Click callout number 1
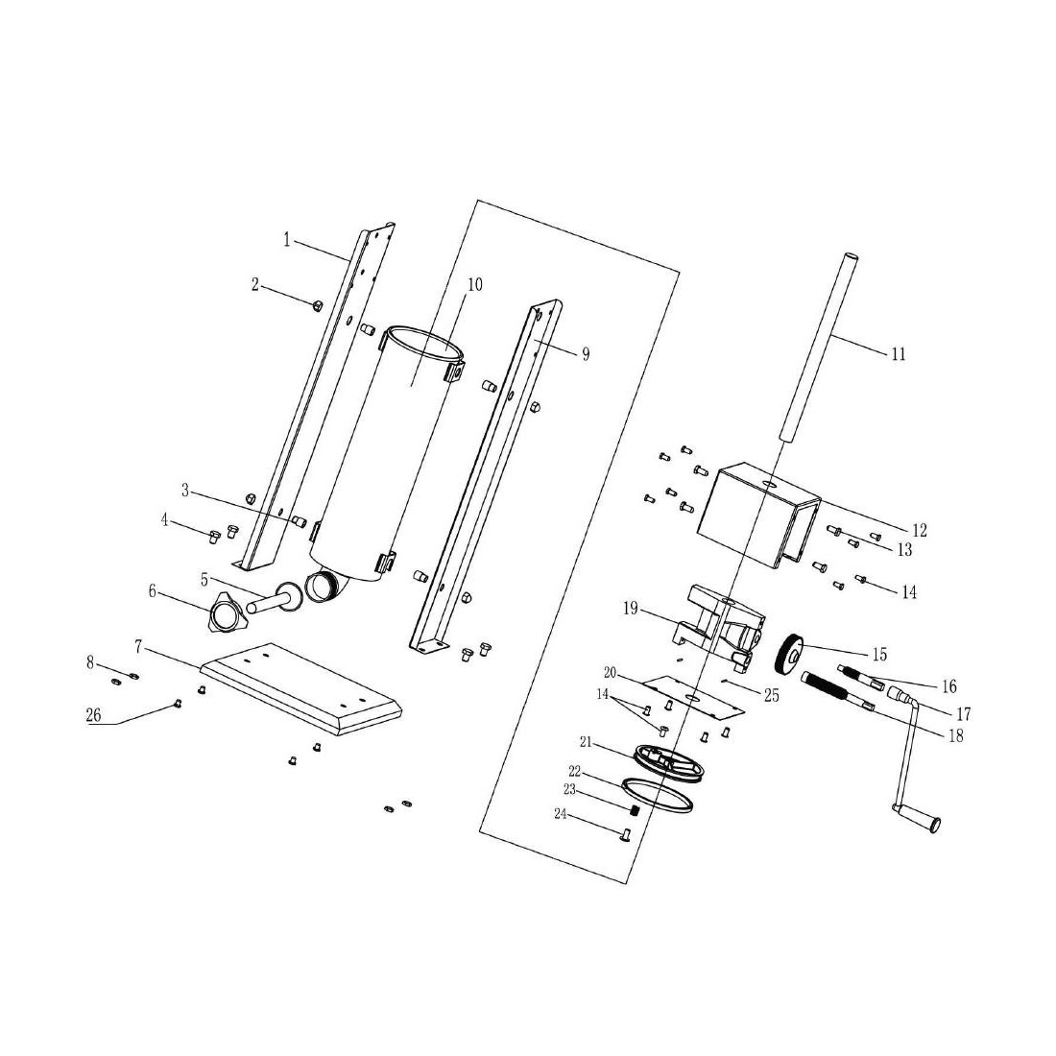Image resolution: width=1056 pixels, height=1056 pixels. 287,240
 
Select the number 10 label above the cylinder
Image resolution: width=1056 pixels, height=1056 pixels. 475,284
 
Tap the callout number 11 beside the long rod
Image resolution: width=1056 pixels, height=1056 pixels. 899,353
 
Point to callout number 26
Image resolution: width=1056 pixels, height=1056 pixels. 93,715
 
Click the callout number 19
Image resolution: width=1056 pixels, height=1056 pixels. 631,610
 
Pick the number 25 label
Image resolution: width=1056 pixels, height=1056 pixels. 771,694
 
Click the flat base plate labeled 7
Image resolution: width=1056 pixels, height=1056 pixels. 300,687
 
